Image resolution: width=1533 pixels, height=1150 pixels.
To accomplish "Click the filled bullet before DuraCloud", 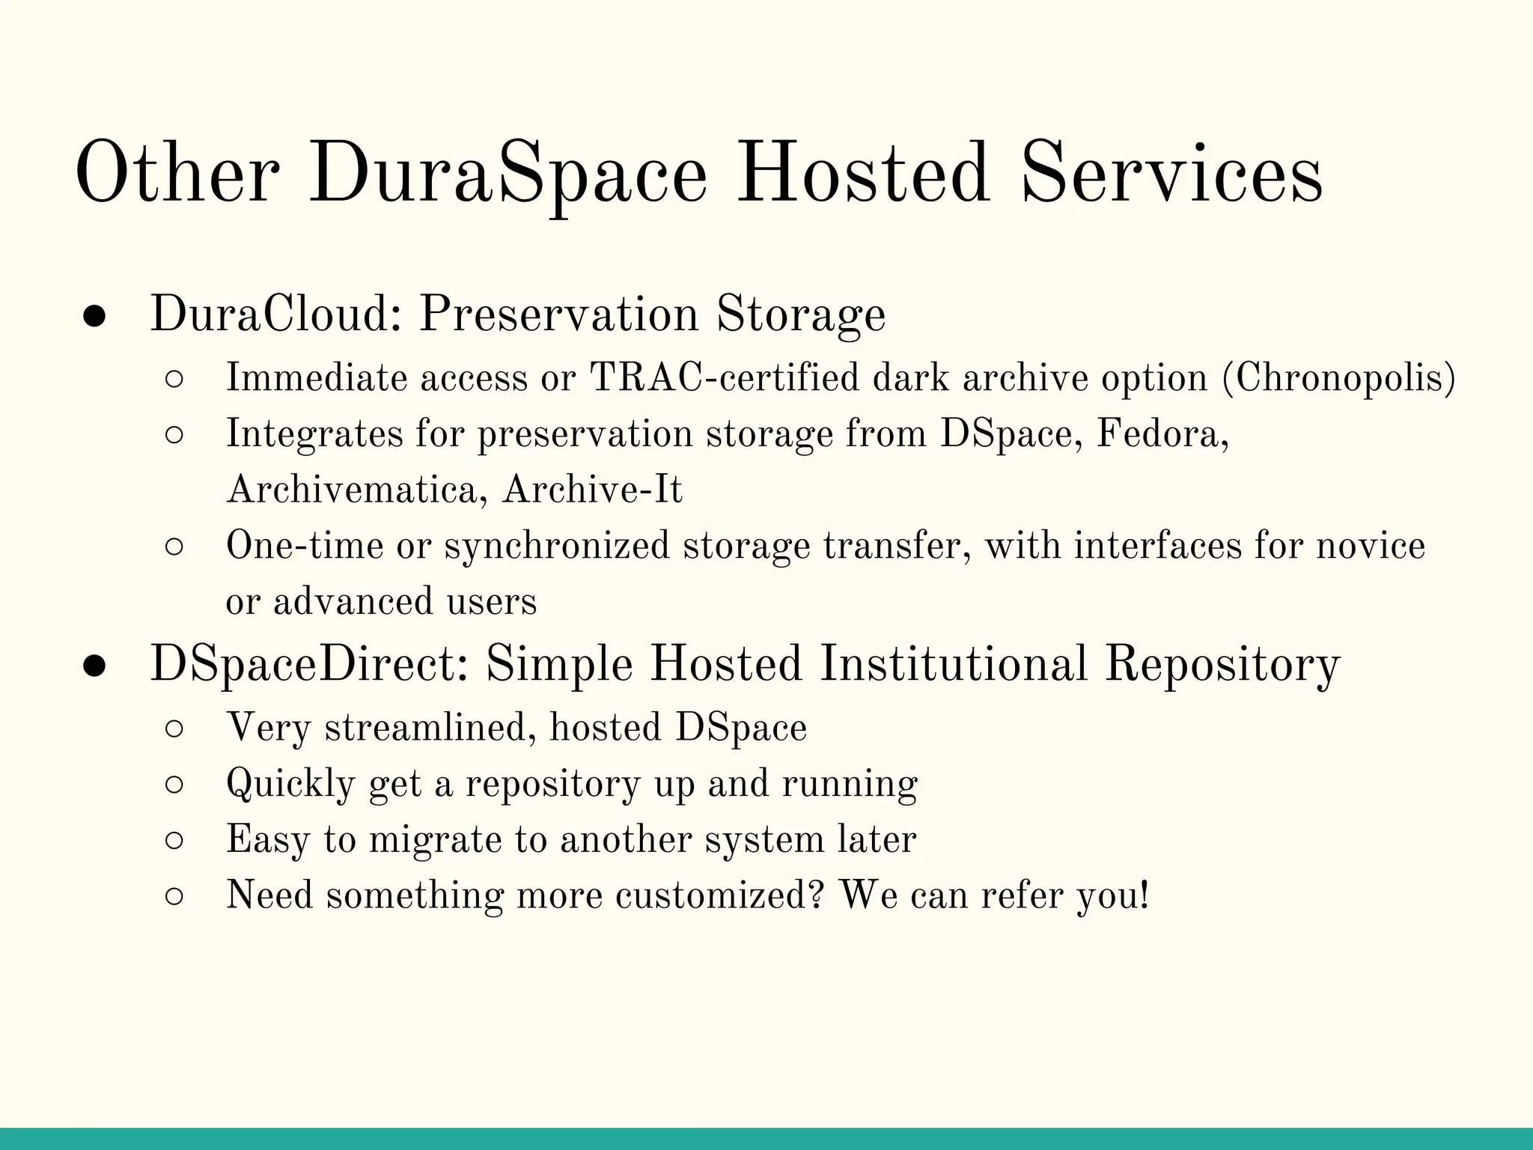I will pyautogui.click(x=94, y=317).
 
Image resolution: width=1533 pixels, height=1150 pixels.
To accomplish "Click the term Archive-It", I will pyautogui.click(x=592, y=490).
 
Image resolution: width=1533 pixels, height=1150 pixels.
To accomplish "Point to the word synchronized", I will pyautogui.click(x=557, y=546).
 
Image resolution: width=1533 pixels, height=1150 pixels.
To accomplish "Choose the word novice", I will pyautogui.click(x=1371, y=546).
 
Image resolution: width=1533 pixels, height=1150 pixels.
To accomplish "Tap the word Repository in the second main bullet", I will pyautogui.click(x=1222, y=664).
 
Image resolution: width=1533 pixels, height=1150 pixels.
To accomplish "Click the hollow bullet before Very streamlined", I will pyautogui.click(x=174, y=729).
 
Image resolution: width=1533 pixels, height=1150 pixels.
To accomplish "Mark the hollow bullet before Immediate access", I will pyautogui.click(x=174, y=380).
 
